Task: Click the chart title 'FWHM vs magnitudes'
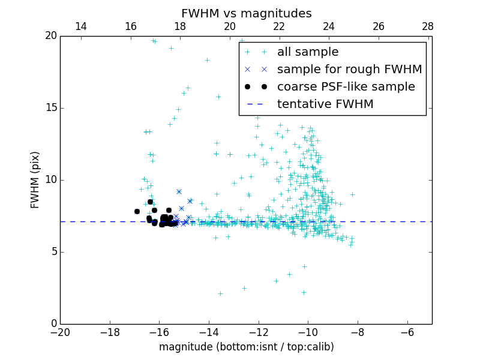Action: (x=246, y=13)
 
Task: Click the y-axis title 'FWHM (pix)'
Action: (x=35, y=179)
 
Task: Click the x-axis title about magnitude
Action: (x=246, y=347)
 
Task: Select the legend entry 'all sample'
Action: (x=307, y=52)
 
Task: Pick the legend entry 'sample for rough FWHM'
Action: (x=349, y=70)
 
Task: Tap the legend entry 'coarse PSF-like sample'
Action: (x=346, y=87)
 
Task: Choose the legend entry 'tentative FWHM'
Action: (x=325, y=104)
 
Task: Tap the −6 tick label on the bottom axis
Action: (x=407, y=332)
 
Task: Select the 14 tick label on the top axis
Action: (x=80, y=26)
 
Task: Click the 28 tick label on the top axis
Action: (x=427, y=26)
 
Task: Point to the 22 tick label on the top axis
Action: (x=279, y=26)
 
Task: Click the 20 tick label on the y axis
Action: (x=50, y=36)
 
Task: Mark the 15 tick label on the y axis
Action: (x=50, y=108)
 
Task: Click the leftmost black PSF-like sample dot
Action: (x=137, y=211)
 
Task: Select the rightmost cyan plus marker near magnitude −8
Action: (x=352, y=194)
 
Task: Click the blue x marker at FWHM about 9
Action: (x=179, y=191)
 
